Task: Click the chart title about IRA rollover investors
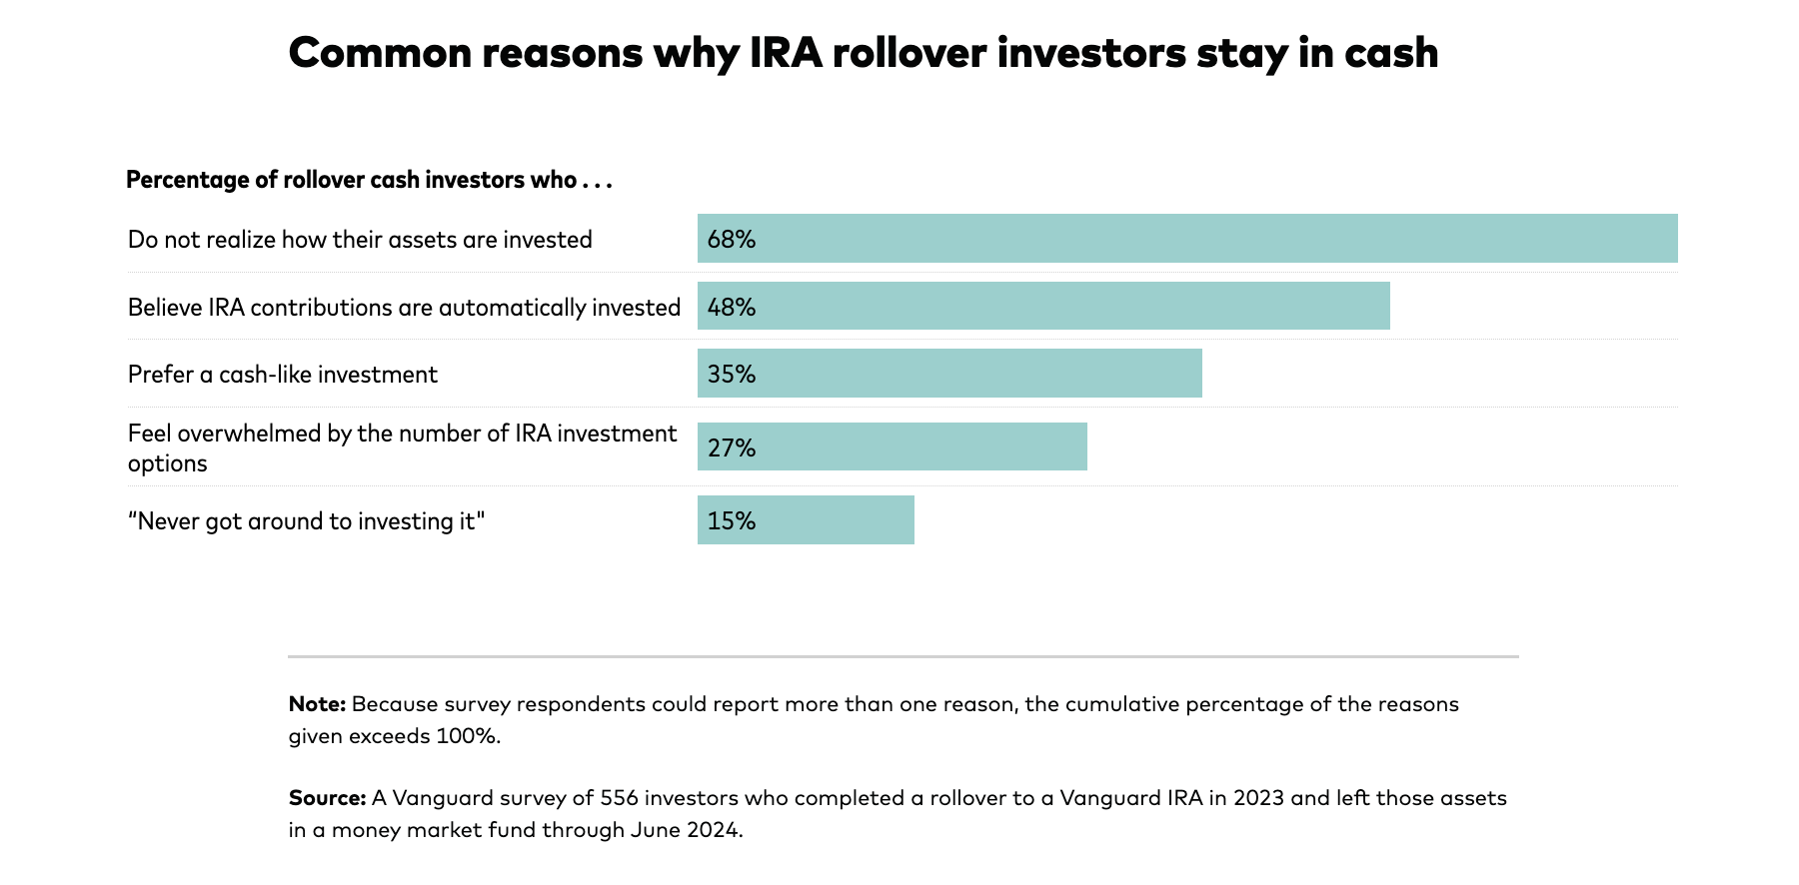coord(863,53)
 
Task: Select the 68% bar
coord(1187,239)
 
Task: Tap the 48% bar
coord(1043,306)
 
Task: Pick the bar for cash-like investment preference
coord(949,374)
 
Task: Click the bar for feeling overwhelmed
coord(892,446)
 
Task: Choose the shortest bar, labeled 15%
coord(806,520)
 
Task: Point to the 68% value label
coord(732,240)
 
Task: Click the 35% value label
coord(732,375)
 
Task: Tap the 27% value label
coord(732,447)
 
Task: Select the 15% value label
coord(732,521)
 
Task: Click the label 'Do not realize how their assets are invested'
coord(360,240)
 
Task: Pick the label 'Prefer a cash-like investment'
coord(283,375)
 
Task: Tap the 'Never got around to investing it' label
coord(306,521)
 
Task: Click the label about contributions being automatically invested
coord(404,308)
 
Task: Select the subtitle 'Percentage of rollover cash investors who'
coord(368,180)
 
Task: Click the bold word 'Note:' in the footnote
coord(317,704)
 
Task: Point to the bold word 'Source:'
coord(327,798)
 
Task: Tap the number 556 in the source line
coord(620,798)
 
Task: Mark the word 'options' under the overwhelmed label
coord(168,463)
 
